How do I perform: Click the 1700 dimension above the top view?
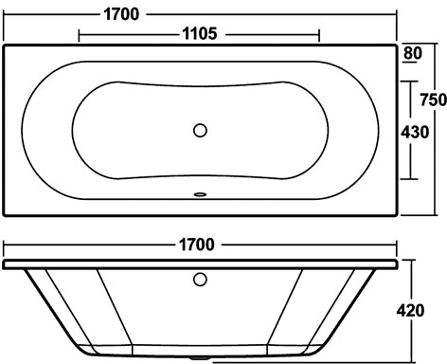point(121,14)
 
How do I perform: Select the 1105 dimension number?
point(200,33)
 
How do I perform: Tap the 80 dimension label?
point(413,53)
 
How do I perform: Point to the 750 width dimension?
point(433,100)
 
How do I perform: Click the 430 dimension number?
point(415,132)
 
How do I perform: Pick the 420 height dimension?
point(410,311)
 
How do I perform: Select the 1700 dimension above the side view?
point(197,245)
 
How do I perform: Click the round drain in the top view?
point(200,130)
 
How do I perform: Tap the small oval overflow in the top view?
point(200,194)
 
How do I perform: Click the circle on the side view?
point(200,280)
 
